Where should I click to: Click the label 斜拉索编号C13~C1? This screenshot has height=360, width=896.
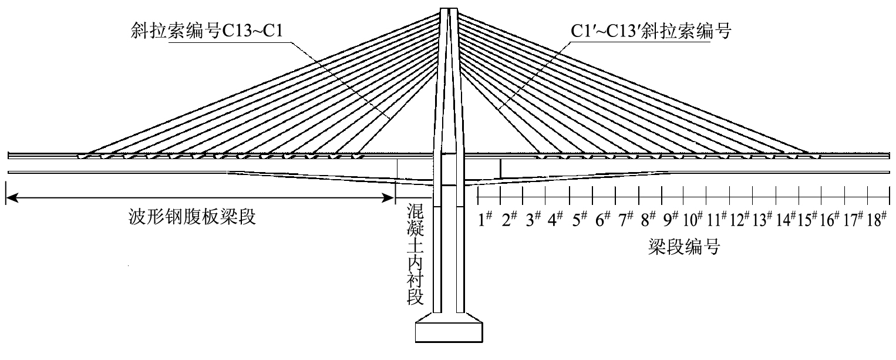pyautogui.click(x=207, y=31)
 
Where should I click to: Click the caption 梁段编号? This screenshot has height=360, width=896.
pyautogui.click(x=683, y=246)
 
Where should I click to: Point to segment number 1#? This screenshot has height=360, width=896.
pyautogui.click(x=486, y=220)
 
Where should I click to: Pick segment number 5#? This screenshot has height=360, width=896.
pyautogui.click(x=580, y=220)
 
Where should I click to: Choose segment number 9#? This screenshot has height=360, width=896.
pyautogui.click(x=672, y=220)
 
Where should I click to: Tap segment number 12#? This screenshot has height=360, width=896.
pyautogui.click(x=740, y=220)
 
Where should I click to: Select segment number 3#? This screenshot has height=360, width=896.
pyautogui.click(x=533, y=220)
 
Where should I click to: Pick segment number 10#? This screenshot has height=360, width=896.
pyautogui.click(x=693, y=220)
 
